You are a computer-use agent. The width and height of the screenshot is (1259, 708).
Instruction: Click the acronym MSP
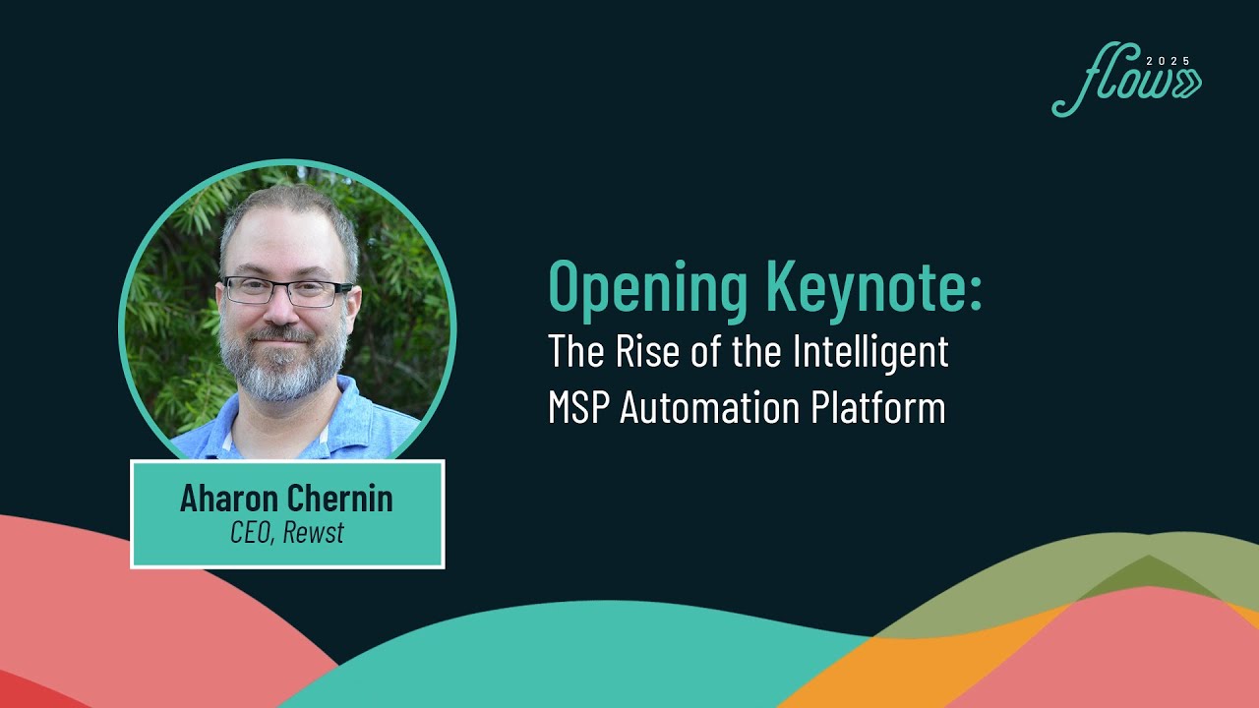click(x=579, y=407)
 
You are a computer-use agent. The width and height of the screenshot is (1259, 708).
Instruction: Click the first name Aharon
click(x=229, y=499)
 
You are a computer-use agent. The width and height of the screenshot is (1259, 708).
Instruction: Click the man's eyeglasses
click(x=286, y=289)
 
